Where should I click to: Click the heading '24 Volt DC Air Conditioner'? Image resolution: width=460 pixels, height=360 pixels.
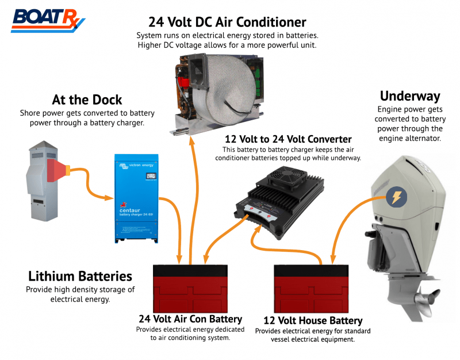pos(227,22)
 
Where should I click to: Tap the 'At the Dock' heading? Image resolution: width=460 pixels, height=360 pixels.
pos(87,99)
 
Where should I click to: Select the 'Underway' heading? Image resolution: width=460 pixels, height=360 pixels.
pos(409,95)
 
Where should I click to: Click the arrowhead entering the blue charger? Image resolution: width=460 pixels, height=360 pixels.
pos(109,198)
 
